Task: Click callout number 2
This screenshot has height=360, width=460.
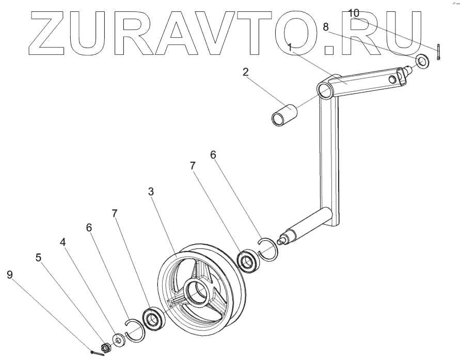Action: click(246, 72)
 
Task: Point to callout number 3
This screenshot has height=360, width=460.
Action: click(151, 192)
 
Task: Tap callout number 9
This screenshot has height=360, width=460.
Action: click(10, 275)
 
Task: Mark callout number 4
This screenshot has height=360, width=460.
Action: click(62, 242)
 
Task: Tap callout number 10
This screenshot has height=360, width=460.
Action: click(354, 13)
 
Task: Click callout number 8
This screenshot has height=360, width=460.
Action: click(326, 27)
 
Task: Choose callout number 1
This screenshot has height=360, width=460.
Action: click(290, 47)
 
